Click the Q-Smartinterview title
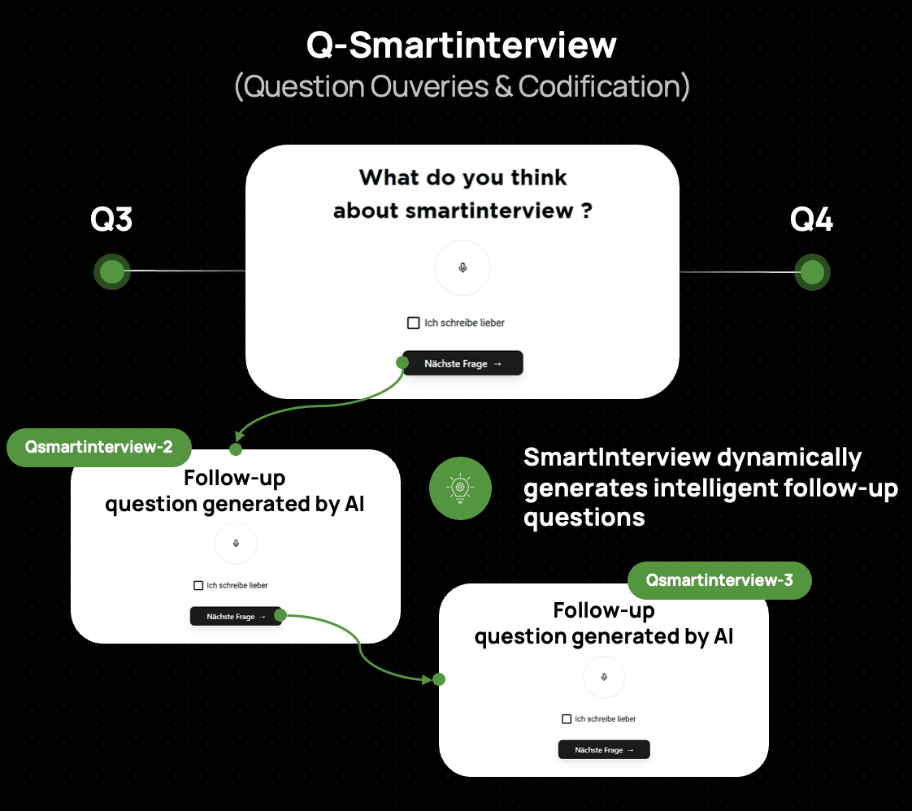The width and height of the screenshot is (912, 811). [x=461, y=46]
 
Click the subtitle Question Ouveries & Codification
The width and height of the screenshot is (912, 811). [x=462, y=86]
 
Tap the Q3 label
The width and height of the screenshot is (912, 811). [x=111, y=220]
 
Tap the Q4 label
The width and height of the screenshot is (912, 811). [x=811, y=220]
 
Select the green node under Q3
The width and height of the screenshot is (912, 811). [x=112, y=271]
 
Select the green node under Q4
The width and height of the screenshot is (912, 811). [x=812, y=272]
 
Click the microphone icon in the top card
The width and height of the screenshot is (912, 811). [x=463, y=267]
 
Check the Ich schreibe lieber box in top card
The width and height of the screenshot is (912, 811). [x=414, y=323]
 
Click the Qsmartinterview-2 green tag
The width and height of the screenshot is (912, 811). [x=99, y=447]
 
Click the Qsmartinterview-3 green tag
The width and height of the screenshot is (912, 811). [x=719, y=580]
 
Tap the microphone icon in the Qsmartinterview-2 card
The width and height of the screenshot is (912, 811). [x=236, y=543]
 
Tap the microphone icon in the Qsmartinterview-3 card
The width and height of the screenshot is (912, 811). [x=604, y=676]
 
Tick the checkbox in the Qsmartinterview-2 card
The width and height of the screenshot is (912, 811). [x=198, y=585]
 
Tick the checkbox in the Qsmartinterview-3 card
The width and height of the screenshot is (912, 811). [x=567, y=719]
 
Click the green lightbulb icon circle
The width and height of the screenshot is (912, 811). [x=460, y=488]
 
